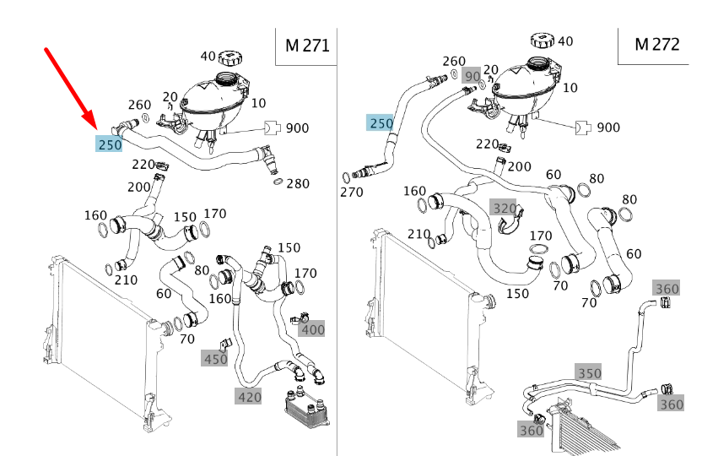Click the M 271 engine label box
pyautogui.click(x=306, y=46)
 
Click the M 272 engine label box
pyautogui.click(x=656, y=45)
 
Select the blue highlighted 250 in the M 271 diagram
pyautogui.click(x=110, y=144)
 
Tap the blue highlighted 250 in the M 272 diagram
pyautogui.click(x=381, y=123)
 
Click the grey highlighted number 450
pyautogui.click(x=214, y=359)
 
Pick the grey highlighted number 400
pyautogui.click(x=312, y=329)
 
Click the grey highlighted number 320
pyautogui.click(x=504, y=208)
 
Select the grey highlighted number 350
pyautogui.click(x=589, y=372)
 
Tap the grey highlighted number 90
pyautogui.click(x=472, y=77)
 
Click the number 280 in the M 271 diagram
pyautogui.click(x=298, y=183)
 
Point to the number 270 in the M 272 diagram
pyautogui.click(x=351, y=192)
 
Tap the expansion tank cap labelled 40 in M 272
pyautogui.click(x=541, y=40)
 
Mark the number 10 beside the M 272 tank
pyautogui.click(x=570, y=87)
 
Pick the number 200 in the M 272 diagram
pyautogui.click(x=520, y=167)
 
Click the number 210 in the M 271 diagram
pyautogui.click(x=127, y=280)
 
